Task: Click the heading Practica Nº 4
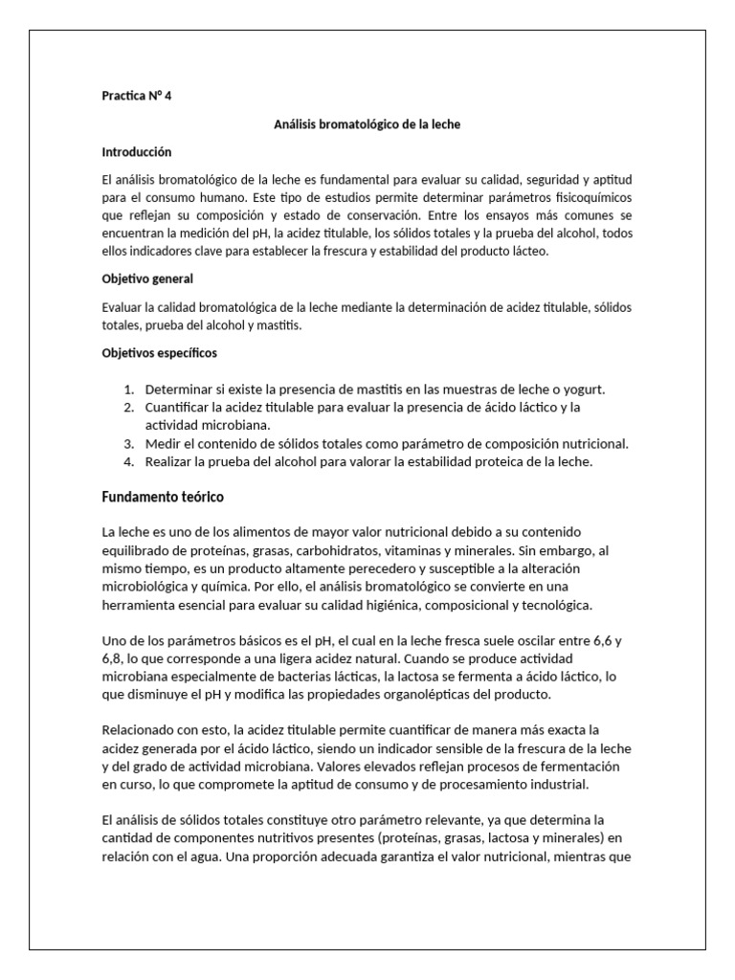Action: pyautogui.click(x=137, y=96)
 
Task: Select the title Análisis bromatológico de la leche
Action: pyautogui.click(x=367, y=124)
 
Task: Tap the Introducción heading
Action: pyautogui.click(x=136, y=152)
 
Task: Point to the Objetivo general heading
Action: pyautogui.click(x=147, y=278)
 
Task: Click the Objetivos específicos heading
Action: pyautogui.click(x=159, y=353)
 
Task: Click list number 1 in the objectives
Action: pyautogui.click(x=129, y=390)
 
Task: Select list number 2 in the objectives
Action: pyautogui.click(x=129, y=408)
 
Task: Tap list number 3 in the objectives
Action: pyautogui.click(x=129, y=444)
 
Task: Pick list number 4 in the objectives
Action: pyautogui.click(x=129, y=462)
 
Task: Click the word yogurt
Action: pyautogui.click(x=582, y=390)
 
